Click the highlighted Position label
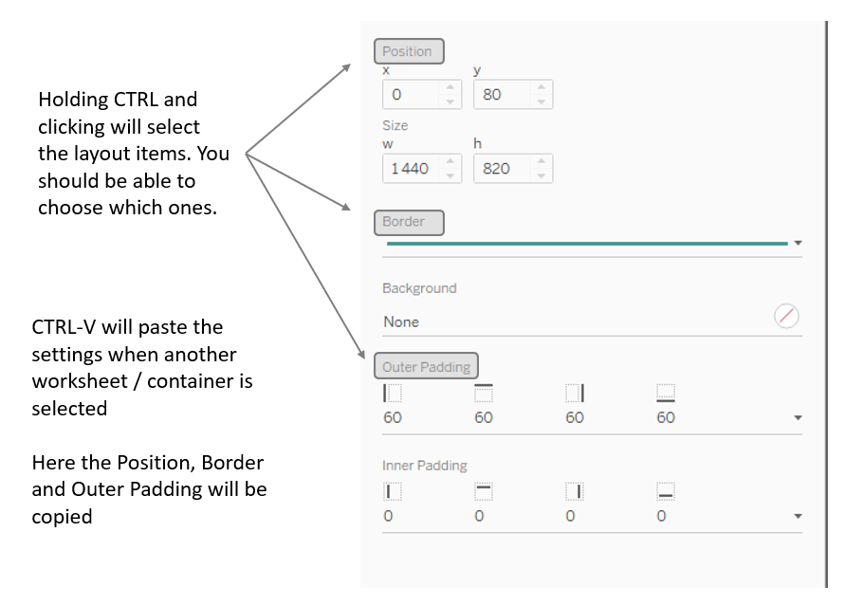pyautogui.click(x=409, y=51)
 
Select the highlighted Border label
pyautogui.click(x=409, y=222)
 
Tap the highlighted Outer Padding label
pyautogui.click(x=426, y=366)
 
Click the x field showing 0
pyautogui.click(x=410, y=95)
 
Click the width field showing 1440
pyautogui.click(x=410, y=169)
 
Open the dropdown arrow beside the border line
pyautogui.click(x=798, y=244)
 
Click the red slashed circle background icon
pyautogui.click(x=786, y=317)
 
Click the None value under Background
pyautogui.click(x=401, y=322)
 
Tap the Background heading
pyautogui.click(x=419, y=288)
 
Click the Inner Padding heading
pyautogui.click(x=425, y=466)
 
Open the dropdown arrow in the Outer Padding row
pyautogui.click(x=798, y=418)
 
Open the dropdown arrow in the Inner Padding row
pyautogui.click(x=798, y=517)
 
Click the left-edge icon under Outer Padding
pyautogui.click(x=393, y=393)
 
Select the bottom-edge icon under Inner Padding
pyautogui.click(x=666, y=491)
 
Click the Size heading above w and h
pyautogui.click(x=395, y=125)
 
